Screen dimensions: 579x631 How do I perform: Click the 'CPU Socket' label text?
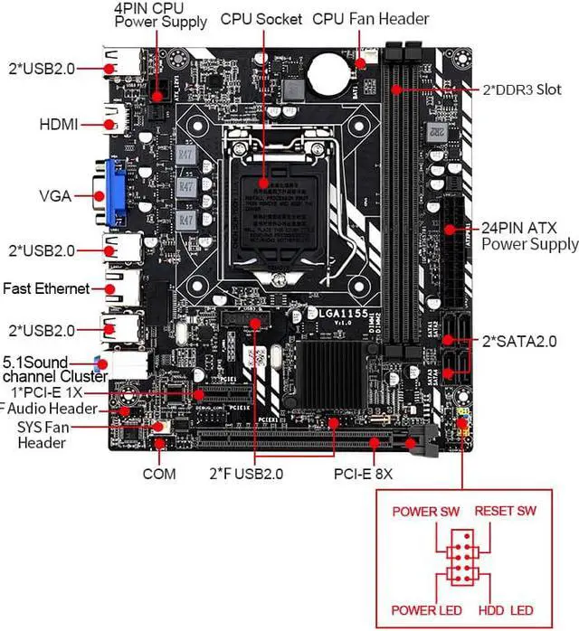pyautogui.click(x=261, y=19)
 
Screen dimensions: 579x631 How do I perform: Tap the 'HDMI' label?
pyautogui.click(x=59, y=123)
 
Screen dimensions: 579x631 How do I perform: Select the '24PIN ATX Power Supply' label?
pyautogui.click(x=529, y=235)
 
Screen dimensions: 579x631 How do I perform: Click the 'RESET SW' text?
pyautogui.click(x=506, y=512)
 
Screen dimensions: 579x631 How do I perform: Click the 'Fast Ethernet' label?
pyautogui.click(x=46, y=288)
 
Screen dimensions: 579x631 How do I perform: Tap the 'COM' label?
pyautogui.click(x=158, y=473)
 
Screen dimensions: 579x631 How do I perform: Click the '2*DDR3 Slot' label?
pyautogui.click(x=521, y=90)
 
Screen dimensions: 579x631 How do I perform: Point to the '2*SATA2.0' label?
pyautogui.click(x=518, y=341)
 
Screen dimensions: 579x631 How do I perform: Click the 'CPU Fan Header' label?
pyautogui.click(x=371, y=19)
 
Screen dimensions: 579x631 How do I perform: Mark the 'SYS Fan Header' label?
pyautogui.click(x=42, y=435)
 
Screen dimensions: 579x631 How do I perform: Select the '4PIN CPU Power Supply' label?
pyautogui.click(x=160, y=14)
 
